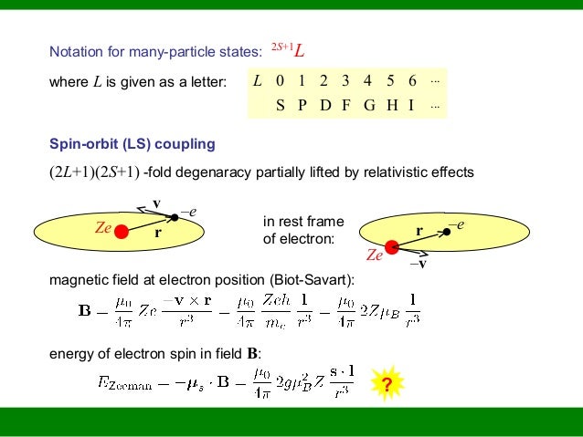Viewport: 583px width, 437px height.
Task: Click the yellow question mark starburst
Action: click(x=387, y=385)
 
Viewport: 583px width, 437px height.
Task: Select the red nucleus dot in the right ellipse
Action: click(x=392, y=245)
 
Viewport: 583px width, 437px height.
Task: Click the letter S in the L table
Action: click(x=281, y=105)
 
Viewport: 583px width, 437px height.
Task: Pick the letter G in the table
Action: click(x=368, y=105)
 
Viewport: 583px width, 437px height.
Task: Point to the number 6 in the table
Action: click(x=412, y=81)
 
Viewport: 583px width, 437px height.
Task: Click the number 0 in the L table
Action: click(x=281, y=81)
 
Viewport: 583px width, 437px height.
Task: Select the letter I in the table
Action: click(x=412, y=105)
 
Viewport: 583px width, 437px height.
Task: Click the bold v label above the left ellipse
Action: click(x=156, y=202)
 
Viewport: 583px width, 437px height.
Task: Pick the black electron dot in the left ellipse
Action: click(x=174, y=217)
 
